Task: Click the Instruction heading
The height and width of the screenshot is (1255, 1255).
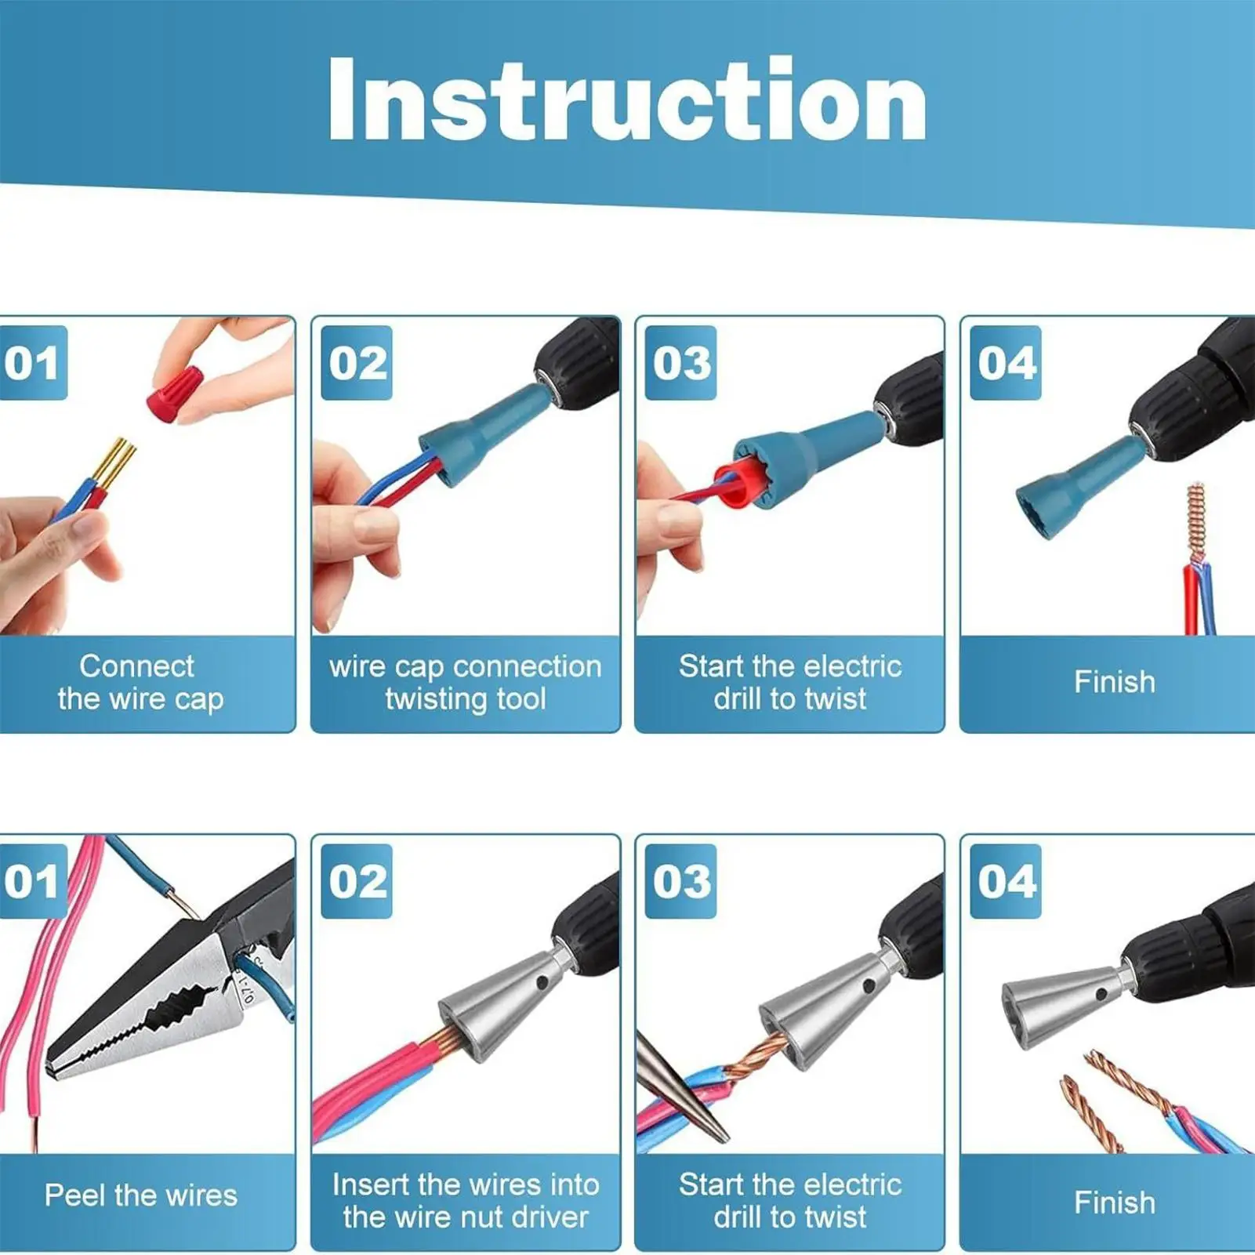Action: [x=627, y=100]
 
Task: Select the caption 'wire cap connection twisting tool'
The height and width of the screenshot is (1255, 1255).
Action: [x=465, y=682]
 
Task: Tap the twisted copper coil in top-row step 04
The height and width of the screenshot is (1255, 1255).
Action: [x=1195, y=521]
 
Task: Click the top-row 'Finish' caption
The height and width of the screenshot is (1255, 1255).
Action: [x=1114, y=682]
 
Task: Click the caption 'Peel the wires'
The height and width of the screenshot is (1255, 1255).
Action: [x=140, y=1195]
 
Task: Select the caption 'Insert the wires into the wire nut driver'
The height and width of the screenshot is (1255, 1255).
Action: [x=465, y=1201]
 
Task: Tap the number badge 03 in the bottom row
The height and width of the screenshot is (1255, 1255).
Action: [x=681, y=881]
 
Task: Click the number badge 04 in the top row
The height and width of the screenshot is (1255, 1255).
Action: [x=1006, y=363]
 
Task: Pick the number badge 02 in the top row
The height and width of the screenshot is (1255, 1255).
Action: [x=357, y=363]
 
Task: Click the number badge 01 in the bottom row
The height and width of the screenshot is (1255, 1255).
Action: [x=31, y=881]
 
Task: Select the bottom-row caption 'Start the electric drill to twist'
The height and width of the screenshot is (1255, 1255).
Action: [x=789, y=1201]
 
